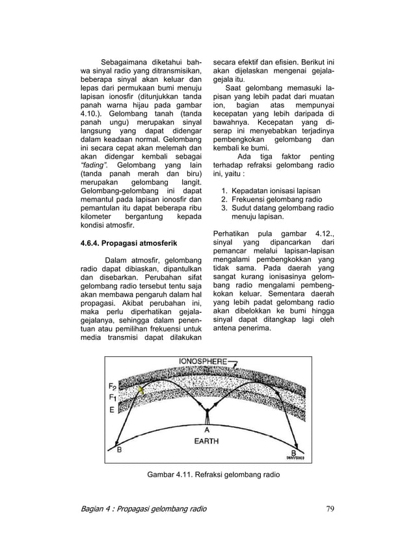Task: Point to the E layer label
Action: [111, 410]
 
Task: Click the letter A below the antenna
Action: [207, 429]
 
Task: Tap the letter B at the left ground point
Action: [119, 449]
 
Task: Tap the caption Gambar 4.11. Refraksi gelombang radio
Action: [214, 475]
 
